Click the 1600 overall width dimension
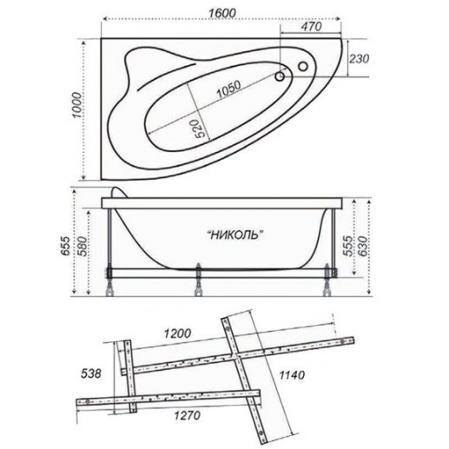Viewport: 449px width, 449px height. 222,13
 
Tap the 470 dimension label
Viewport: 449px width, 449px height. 311,27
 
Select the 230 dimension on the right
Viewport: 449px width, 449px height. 360,59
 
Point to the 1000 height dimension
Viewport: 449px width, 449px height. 76,105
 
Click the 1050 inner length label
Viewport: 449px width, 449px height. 228,89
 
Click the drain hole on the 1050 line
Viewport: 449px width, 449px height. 280,76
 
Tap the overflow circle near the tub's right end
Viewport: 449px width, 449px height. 303,67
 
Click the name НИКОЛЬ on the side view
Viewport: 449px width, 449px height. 236,234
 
